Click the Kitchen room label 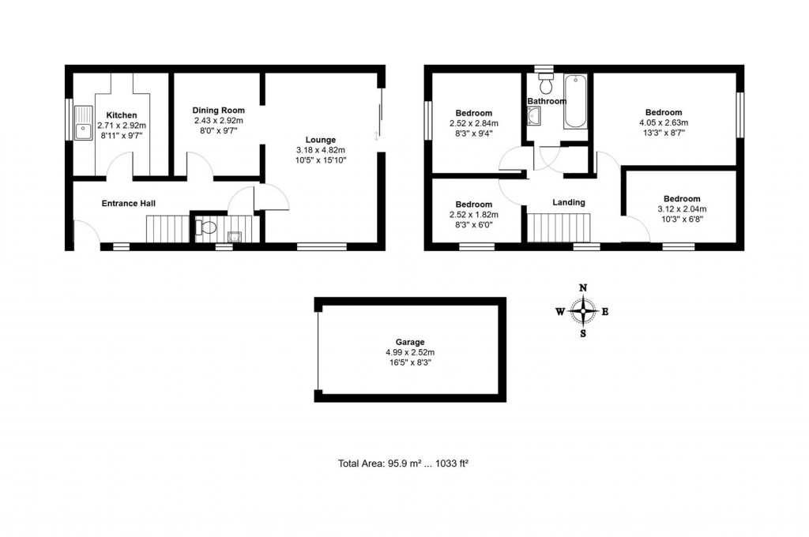[x=122, y=115]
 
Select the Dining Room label [x=219, y=110]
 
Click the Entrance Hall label [x=128, y=203]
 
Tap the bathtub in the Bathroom [x=574, y=102]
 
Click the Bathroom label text [x=547, y=101]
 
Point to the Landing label [x=568, y=202]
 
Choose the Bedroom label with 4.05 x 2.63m [x=663, y=112]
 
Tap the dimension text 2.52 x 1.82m [x=474, y=214]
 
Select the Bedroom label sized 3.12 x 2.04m [x=681, y=198]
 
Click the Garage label [x=410, y=342]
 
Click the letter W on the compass [x=559, y=312]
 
